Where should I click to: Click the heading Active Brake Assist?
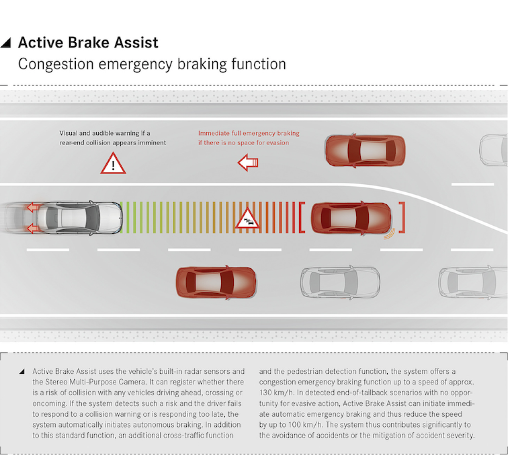tap(88, 43)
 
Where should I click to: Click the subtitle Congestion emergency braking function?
tap(152, 64)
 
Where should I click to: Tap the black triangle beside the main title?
tap(6, 42)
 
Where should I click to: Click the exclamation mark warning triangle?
tap(113, 164)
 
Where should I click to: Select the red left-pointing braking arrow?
tap(248, 163)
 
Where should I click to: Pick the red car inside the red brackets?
tap(351, 218)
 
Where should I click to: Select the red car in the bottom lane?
tap(216, 282)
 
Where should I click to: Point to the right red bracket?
tap(402, 218)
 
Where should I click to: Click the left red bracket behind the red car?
tap(302, 218)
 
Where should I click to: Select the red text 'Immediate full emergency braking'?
tap(249, 133)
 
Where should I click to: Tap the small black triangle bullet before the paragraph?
tap(22, 372)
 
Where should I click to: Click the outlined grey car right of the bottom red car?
tap(340, 282)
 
